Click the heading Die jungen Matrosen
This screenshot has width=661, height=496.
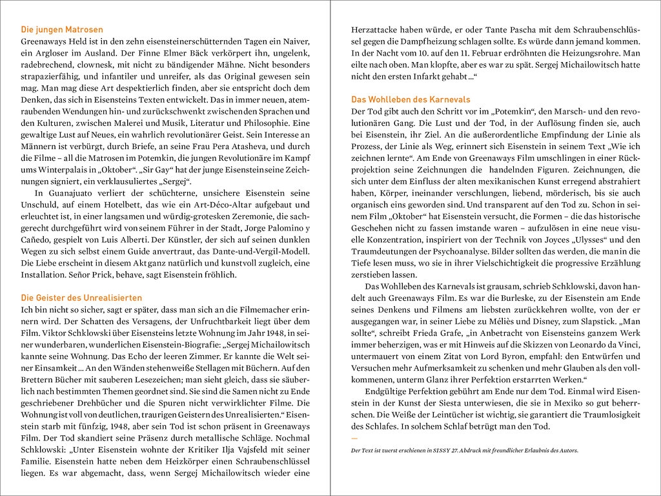[x=62, y=30]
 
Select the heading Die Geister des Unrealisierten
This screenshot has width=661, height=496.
[x=81, y=298]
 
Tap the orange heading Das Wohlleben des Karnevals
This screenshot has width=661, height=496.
[x=411, y=100]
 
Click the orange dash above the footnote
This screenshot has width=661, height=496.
[x=354, y=439]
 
